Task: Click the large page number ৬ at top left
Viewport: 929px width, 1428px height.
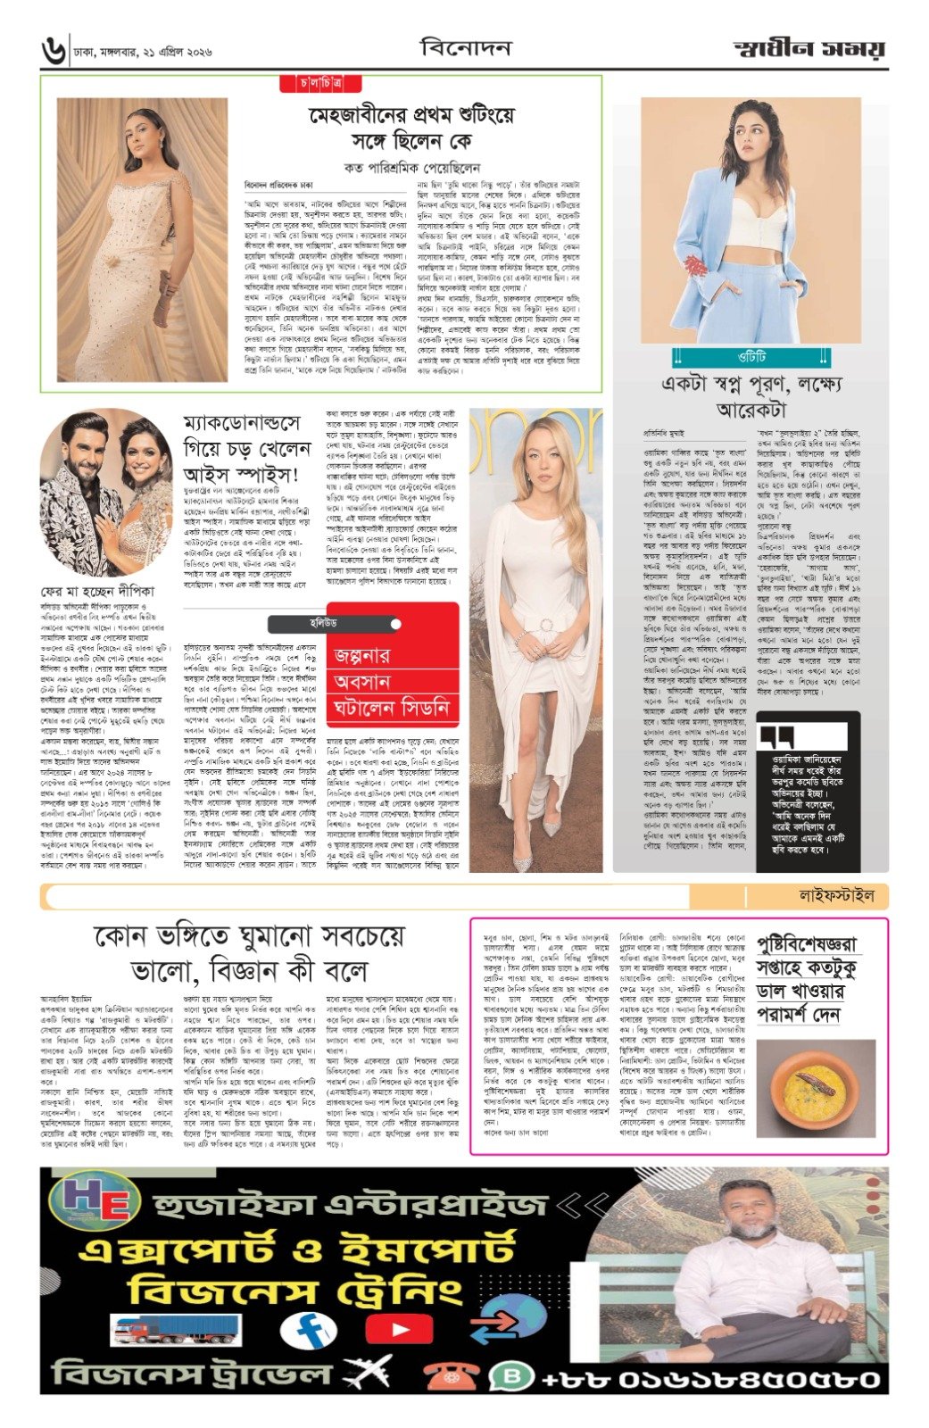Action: point(54,51)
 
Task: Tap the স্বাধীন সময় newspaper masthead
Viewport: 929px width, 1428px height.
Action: point(810,49)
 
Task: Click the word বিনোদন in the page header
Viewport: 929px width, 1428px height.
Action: point(465,47)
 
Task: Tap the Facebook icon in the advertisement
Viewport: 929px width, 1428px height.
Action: point(307,1331)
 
